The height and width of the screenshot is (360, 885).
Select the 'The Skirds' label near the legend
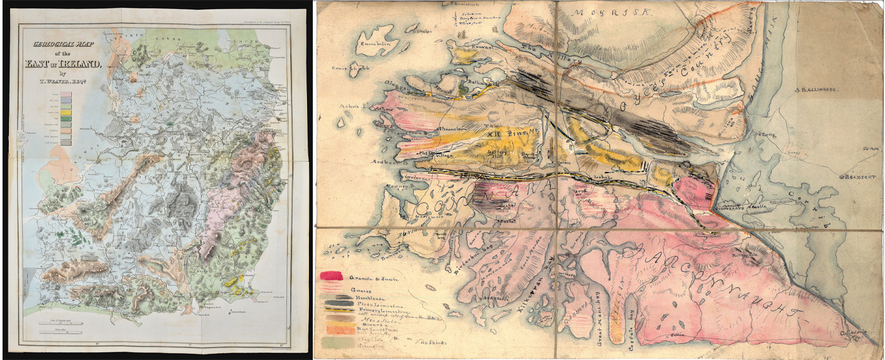(432, 342)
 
